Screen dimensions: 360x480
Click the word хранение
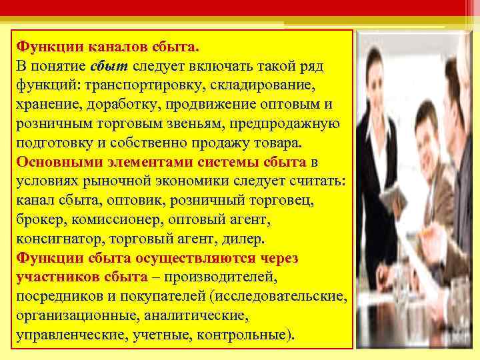(x=43, y=105)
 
